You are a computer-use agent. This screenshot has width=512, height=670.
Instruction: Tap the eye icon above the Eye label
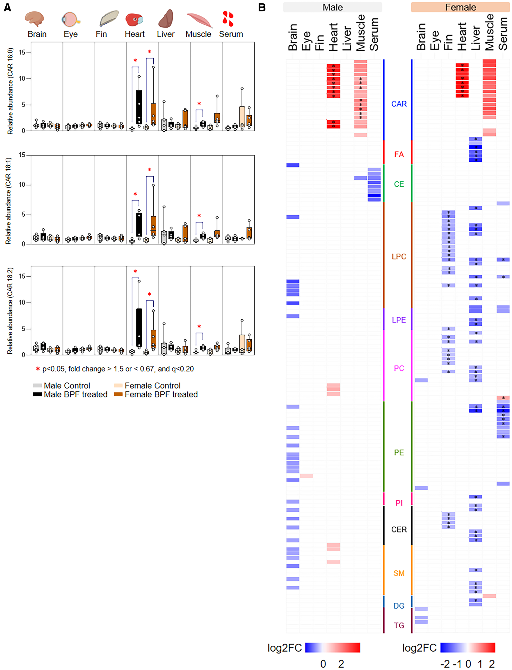tap(71, 19)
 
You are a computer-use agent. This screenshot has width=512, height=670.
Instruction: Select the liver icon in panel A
tap(166, 19)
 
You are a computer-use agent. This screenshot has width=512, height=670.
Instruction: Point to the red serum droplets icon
tap(228, 19)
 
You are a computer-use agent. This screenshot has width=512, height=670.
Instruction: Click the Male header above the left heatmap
tap(332, 7)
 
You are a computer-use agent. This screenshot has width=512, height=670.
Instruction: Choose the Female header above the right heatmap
tap(460, 7)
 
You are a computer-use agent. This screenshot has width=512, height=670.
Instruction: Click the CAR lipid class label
tap(399, 104)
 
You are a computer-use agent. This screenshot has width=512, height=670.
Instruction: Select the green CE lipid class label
tap(399, 184)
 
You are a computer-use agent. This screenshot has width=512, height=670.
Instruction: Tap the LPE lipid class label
tap(399, 320)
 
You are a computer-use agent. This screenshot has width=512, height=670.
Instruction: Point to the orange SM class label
tap(399, 573)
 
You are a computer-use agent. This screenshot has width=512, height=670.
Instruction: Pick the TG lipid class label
tap(399, 625)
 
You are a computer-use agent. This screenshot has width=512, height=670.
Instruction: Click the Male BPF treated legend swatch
tap(37, 394)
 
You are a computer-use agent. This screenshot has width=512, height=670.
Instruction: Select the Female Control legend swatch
tap(118, 386)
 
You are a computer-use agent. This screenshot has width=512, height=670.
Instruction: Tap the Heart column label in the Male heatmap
tap(333, 36)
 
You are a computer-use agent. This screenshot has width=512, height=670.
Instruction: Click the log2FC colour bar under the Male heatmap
tap(332, 648)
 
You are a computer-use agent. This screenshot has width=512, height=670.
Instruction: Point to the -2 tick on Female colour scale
tap(445, 664)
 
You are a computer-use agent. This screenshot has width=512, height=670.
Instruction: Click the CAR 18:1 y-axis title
tap(8, 200)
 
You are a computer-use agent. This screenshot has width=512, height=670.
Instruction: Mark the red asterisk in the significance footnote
tap(38, 369)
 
